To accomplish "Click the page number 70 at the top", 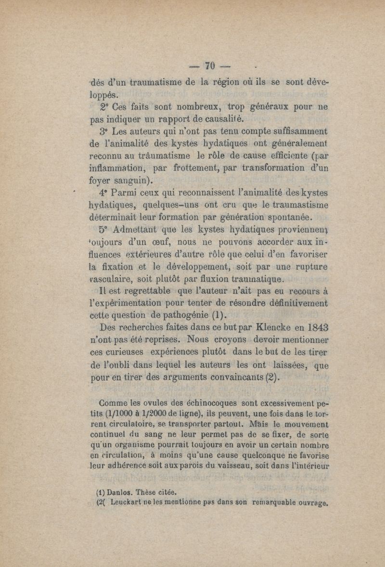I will point(209,64).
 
